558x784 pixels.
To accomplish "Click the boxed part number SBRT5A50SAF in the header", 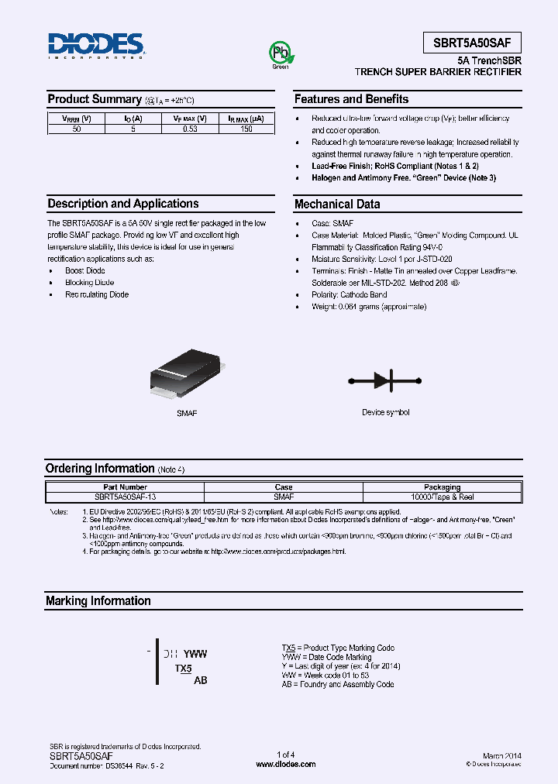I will tap(472, 43).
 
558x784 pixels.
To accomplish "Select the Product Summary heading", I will tap(95, 99).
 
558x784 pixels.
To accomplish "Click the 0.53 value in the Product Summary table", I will tap(190, 129).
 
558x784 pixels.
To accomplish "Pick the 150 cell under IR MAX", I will tap(246, 129).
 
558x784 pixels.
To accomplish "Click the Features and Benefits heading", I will tap(351, 99).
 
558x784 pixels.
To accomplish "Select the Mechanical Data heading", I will tap(337, 205).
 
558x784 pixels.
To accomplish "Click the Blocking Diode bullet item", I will tap(89, 283).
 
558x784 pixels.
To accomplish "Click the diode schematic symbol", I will tap(385, 380).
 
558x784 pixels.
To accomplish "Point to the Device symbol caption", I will tap(385, 412).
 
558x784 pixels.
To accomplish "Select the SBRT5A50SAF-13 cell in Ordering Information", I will tap(126, 497).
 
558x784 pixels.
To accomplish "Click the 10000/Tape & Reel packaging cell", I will tap(443, 497).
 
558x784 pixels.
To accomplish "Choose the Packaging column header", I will tap(443, 487).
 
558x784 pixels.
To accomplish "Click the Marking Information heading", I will tap(98, 601).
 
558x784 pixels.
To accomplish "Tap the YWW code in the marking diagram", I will tap(195, 654).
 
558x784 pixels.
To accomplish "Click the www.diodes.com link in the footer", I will tap(285, 764).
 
